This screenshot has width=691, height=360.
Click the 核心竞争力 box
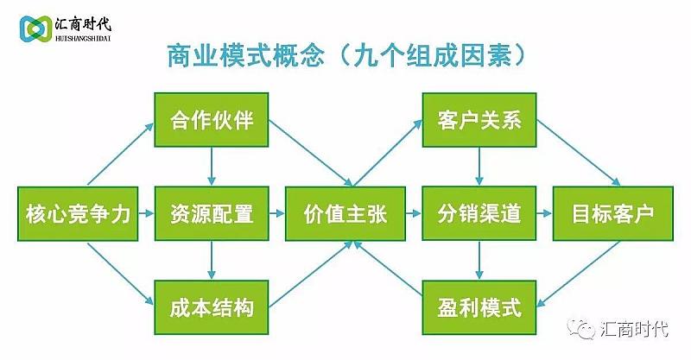coord(78,214)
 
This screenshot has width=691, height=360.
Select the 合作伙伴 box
coord(211,119)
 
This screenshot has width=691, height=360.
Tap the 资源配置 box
coord(211,214)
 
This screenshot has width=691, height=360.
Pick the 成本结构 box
coord(211,307)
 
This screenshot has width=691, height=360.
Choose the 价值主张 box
coord(345,214)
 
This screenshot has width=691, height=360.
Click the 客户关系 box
coord(479,119)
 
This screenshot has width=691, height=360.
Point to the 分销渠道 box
coord(479,214)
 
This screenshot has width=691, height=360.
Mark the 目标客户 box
coord(613,214)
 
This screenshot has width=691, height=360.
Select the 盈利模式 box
coord(479,307)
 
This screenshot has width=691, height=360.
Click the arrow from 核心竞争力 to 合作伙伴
coord(121,154)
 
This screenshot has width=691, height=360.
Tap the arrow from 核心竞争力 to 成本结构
coord(121,274)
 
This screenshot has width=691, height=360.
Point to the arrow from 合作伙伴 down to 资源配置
coord(212,166)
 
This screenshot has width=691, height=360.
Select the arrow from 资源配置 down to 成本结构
coord(212,261)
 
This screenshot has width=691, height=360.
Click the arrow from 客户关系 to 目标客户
coord(579,153)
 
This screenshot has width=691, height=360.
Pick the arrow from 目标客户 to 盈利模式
coord(578,274)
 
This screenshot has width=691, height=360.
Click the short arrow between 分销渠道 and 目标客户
coord(544,214)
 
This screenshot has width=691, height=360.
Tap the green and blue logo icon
coord(35,29)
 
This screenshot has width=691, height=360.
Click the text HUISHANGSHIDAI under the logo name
coord(83,38)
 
